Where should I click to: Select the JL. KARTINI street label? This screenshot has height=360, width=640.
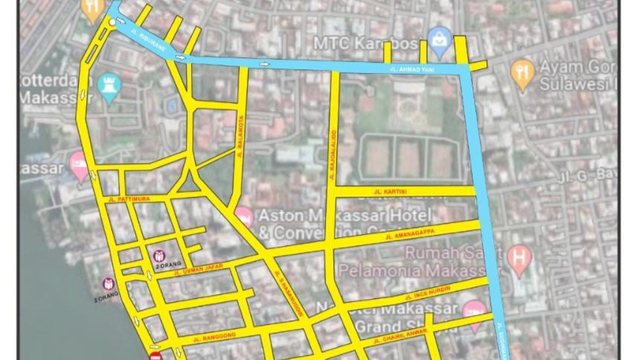coord(391,191)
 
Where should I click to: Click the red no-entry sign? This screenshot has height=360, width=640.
coord(155,356)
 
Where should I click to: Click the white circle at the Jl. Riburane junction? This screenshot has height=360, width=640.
coord(111,22)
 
